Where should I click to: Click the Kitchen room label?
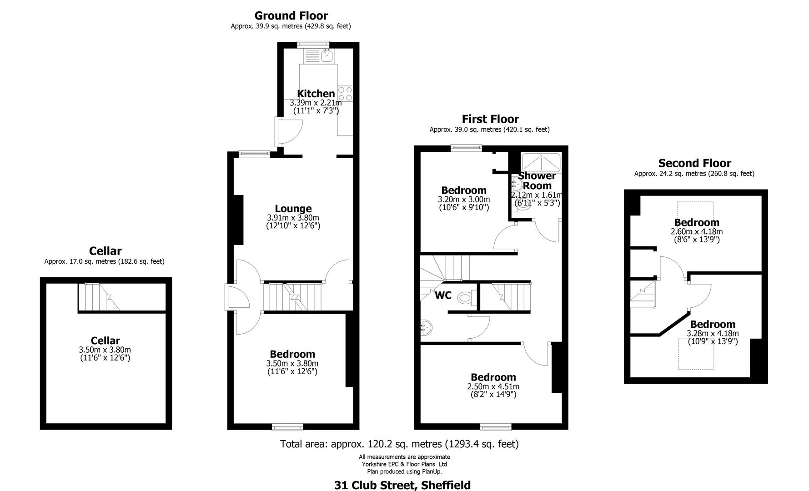click(x=316, y=94)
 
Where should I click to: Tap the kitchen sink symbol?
click(x=327, y=56)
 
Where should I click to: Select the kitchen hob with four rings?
click(x=345, y=94)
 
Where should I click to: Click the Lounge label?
click(x=293, y=209)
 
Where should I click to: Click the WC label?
click(x=443, y=296)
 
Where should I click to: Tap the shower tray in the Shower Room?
click(x=541, y=162)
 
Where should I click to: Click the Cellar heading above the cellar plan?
click(x=105, y=251)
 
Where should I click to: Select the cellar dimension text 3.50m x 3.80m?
click(x=105, y=350)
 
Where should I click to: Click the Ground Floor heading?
click(x=291, y=16)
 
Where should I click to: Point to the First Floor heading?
click(x=490, y=119)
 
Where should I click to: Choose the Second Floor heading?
click(x=694, y=163)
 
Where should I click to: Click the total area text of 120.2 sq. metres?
click(x=399, y=444)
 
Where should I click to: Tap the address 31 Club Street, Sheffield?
click(x=402, y=485)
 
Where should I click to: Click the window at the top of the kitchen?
click(x=313, y=45)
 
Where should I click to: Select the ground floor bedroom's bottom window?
click(x=287, y=427)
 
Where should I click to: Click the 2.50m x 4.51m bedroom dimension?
click(x=493, y=387)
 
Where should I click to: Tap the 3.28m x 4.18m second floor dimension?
click(x=713, y=334)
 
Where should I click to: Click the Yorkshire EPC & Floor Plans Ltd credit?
click(x=404, y=464)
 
